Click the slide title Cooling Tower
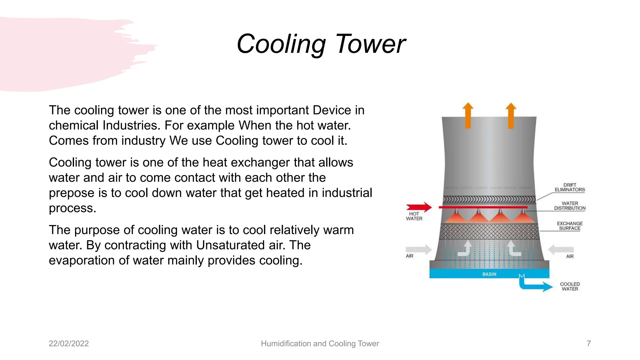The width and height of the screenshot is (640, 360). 321,44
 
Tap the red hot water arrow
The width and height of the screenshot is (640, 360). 419,207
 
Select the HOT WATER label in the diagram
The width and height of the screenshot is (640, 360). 414,216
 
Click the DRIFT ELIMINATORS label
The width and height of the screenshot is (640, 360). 570,187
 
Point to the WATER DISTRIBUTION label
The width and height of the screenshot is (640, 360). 570,206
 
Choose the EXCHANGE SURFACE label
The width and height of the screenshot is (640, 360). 570,226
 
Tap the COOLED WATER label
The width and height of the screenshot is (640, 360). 570,287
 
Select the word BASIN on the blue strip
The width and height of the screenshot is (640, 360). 489,274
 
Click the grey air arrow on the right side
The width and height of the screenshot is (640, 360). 561,249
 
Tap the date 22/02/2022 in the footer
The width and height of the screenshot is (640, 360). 69,343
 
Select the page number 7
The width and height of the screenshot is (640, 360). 589,343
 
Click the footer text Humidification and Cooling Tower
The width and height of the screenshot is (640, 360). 320,343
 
